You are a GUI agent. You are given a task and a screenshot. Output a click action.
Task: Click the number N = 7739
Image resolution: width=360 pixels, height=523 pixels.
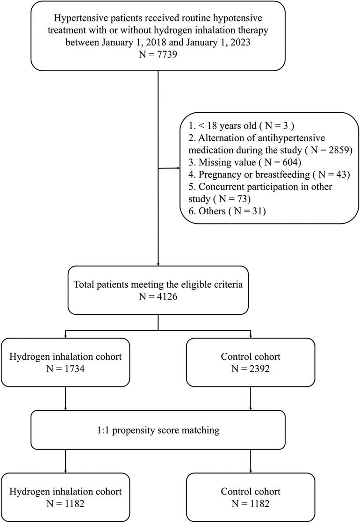tap(158, 54)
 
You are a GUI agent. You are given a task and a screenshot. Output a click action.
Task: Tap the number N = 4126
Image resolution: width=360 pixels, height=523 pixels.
tap(158, 296)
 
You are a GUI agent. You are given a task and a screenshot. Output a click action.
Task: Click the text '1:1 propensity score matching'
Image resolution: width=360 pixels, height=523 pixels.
tap(158, 430)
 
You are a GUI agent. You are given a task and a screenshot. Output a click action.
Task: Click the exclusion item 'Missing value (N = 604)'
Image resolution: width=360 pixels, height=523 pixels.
tap(245, 162)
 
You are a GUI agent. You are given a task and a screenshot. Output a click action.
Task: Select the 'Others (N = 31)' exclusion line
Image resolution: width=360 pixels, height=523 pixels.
tap(227, 211)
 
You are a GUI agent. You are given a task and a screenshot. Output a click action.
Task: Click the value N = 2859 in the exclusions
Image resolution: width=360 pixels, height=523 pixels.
tap(329, 150)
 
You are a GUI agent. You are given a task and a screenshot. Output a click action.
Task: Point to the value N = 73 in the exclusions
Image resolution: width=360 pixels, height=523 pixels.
tap(232, 199)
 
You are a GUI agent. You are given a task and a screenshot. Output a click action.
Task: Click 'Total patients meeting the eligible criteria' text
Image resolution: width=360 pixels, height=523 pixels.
tap(158, 284)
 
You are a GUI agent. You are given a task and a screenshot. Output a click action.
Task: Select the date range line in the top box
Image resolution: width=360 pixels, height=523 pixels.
tap(158, 43)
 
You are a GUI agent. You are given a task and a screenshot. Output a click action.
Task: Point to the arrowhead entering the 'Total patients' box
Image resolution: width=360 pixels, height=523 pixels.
tap(158, 263)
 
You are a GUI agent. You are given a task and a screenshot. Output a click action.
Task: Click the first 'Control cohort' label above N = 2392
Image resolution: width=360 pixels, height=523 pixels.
tap(250, 356)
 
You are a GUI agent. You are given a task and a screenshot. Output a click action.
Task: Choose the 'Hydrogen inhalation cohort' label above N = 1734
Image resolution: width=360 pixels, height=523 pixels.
tap(65, 356)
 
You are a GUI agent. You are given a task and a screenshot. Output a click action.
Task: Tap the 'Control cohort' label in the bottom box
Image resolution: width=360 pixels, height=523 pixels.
tap(250, 491)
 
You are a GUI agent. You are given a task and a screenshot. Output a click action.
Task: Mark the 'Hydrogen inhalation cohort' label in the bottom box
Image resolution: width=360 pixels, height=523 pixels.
tap(65, 491)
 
